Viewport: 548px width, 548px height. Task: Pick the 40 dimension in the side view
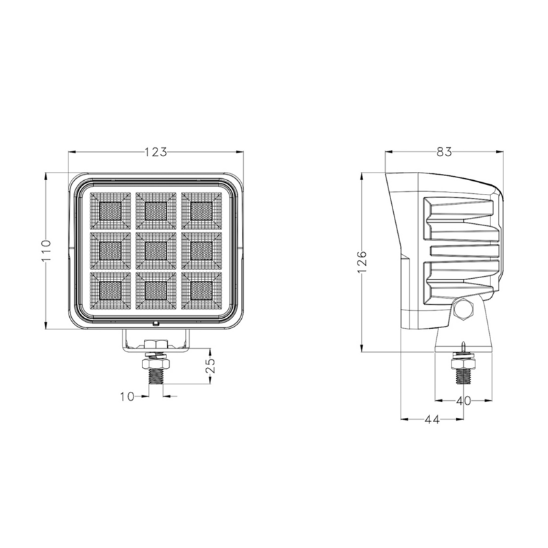click(463, 401)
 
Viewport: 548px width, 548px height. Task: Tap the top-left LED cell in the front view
click(110, 211)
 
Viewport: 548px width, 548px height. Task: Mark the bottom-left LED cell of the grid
click(110, 290)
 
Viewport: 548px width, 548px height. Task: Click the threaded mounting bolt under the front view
click(156, 375)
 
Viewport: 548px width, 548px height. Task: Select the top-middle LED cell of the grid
click(156, 211)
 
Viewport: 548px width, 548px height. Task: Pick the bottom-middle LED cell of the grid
click(156, 290)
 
